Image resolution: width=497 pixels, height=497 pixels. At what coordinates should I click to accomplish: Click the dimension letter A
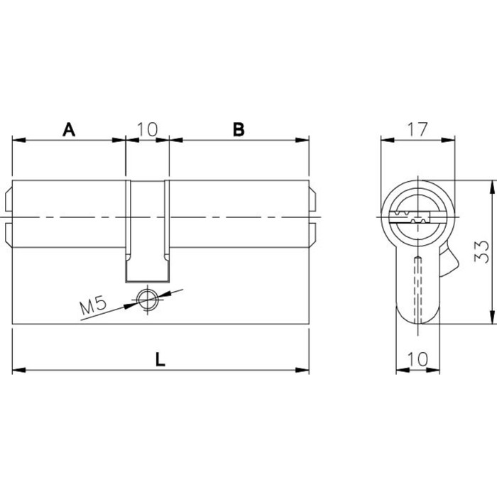coord(69,129)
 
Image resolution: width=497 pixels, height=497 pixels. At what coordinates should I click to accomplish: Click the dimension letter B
coord(239,129)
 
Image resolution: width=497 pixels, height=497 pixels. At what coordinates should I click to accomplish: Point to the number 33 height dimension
coord(481,252)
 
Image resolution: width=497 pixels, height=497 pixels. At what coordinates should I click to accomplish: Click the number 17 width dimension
coord(417,129)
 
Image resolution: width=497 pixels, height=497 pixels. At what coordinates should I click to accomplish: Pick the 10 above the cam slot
coord(147,129)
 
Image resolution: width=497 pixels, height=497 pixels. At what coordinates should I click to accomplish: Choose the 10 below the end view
coord(417,359)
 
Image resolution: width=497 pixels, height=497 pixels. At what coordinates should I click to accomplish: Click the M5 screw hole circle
coord(148,300)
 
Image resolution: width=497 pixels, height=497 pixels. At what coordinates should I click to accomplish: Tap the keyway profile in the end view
coord(409,217)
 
